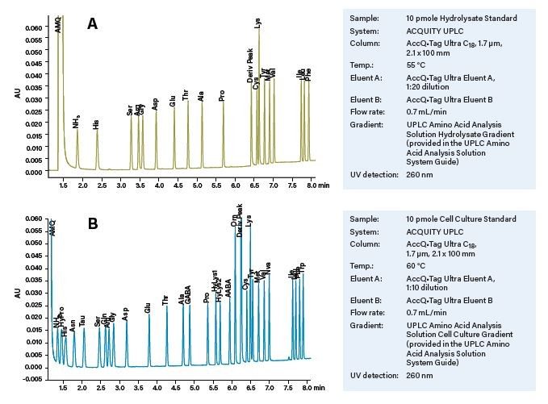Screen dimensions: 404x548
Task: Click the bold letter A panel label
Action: click(x=93, y=25)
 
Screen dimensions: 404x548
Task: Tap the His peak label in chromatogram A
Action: click(x=97, y=124)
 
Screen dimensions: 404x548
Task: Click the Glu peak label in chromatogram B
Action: click(x=148, y=308)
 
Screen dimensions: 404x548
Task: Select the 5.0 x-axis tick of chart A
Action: click(x=197, y=185)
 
